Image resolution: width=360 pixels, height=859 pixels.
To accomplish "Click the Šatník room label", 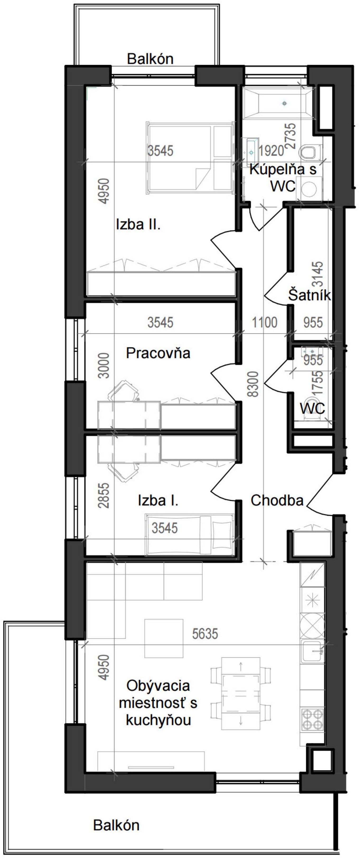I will (x=309, y=295).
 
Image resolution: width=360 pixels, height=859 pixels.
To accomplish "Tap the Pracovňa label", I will (x=158, y=353).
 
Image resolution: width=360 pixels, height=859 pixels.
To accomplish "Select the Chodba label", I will (x=277, y=500).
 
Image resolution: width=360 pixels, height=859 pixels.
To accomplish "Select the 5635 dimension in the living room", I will (x=205, y=633).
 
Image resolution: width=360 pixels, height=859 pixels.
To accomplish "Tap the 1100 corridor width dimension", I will (x=264, y=322).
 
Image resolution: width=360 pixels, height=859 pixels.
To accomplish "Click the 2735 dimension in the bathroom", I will (x=291, y=136).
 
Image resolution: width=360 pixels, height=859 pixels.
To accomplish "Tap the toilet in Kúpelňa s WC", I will (x=309, y=153).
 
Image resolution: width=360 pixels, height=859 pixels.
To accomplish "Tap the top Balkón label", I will (x=150, y=59).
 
